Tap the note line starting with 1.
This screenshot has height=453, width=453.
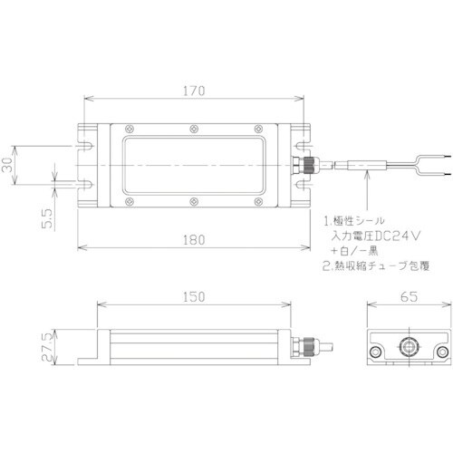[x=359, y=220]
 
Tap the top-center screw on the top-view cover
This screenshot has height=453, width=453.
[x=194, y=129]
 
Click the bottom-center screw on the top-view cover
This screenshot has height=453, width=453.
[x=194, y=202]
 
